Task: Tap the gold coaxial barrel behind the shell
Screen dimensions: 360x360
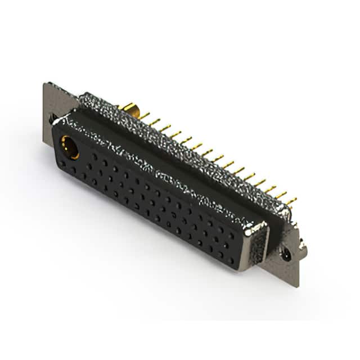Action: click(129, 108)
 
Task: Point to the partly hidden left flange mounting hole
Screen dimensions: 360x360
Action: click(52, 119)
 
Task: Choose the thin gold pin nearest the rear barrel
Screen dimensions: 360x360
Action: click(145, 116)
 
